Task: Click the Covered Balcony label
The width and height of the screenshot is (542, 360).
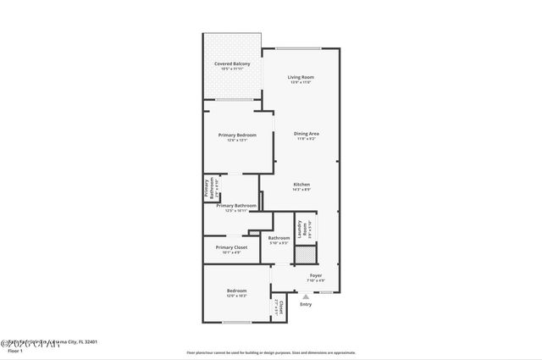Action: click(x=231, y=64)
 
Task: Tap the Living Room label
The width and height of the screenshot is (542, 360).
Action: click(x=301, y=77)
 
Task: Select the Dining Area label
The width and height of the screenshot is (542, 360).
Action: click(x=306, y=134)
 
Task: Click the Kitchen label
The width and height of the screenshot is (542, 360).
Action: click(x=301, y=185)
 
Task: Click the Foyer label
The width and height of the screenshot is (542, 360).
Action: click(x=316, y=275)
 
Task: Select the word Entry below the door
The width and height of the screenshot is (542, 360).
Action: click(x=306, y=305)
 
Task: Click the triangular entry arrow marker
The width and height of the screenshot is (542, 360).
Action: click(x=306, y=296)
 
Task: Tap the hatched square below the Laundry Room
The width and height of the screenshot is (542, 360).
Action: click(x=305, y=252)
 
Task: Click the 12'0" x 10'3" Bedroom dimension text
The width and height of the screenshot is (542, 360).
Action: click(x=236, y=296)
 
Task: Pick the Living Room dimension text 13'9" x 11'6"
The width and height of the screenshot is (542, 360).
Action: click(x=301, y=82)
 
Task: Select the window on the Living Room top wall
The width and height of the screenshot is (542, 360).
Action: click(x=298, y=48)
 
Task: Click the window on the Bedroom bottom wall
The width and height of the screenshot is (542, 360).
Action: click(x=236, y=322)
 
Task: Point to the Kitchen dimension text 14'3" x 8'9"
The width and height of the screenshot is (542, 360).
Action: click(x=301, y=190)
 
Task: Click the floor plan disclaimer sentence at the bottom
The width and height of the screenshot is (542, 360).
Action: click(x=270, y=352)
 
